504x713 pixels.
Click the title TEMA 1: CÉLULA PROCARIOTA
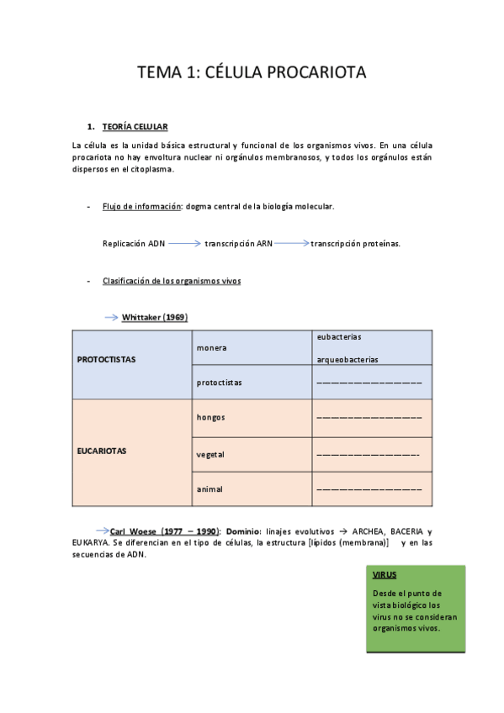tap(252, 73)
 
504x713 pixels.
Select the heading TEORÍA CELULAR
tap(135, 127)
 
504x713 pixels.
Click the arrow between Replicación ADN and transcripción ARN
tap(184, 244)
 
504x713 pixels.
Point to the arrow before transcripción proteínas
tap(291, 244)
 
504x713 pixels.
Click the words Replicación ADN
tap(133, 244)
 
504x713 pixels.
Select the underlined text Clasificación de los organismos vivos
tap(171, 281)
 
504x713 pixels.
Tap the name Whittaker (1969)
tap(154, 317)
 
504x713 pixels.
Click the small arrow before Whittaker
tap(111, 317)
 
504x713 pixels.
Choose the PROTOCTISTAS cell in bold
tap(106, 359)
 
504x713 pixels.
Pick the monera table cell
tap(211, 347)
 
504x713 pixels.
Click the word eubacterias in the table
tap(339, 336)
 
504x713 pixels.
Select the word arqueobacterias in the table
tap(347, 360)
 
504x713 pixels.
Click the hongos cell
tap(210, 417)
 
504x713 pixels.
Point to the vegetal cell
tap(210, 454)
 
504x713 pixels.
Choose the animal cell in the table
tap(210, 489)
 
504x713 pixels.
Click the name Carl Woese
tap(141, 531)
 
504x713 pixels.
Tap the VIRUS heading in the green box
tap(385, 574)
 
